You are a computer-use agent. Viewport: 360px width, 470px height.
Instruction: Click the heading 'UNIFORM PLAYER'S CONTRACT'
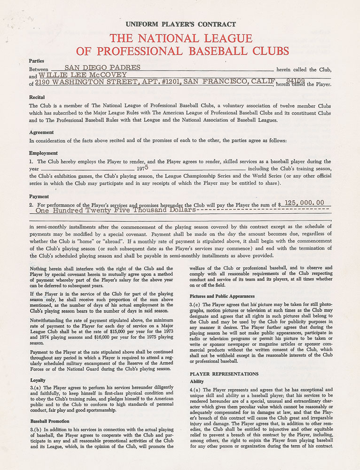click(181, 24)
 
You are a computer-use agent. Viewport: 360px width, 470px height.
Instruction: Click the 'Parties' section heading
click(37, 61)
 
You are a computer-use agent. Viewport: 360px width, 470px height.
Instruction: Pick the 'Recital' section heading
click(37, 97)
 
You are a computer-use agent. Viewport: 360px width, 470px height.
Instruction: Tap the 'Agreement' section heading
click(41, 133)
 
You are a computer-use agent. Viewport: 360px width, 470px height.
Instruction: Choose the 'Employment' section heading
click(43, 153)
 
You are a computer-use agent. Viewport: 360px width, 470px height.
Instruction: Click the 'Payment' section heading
click(39, 196)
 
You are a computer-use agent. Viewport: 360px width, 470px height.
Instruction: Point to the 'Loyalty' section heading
click(38, 380)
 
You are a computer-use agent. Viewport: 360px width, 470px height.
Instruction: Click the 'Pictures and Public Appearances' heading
click(222, 296)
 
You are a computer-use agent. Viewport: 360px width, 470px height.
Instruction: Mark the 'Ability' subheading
click(196, 382)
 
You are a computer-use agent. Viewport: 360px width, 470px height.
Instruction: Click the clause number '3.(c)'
click(196, 305)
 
